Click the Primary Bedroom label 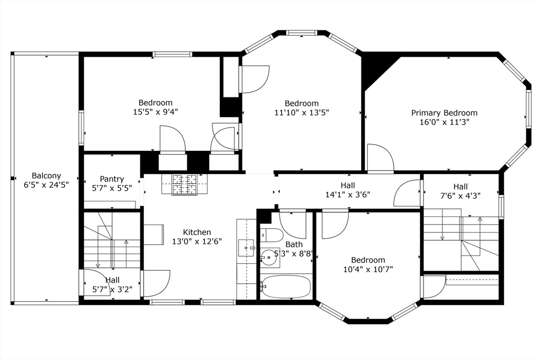click(444, 113)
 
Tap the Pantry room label click(112, 179)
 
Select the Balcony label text click(46, 176)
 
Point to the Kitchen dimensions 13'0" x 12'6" click(197, 241)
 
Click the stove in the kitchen click(184, 185)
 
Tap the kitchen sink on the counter click(246, 247)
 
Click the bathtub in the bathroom click(286, 287)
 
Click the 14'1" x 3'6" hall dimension click(348, 194)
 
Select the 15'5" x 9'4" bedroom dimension click(156, 112)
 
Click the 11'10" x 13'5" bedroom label click(302, 103)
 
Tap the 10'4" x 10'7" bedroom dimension click(368, 269)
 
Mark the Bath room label click(294, 244)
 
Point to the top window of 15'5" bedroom click(172, 54)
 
